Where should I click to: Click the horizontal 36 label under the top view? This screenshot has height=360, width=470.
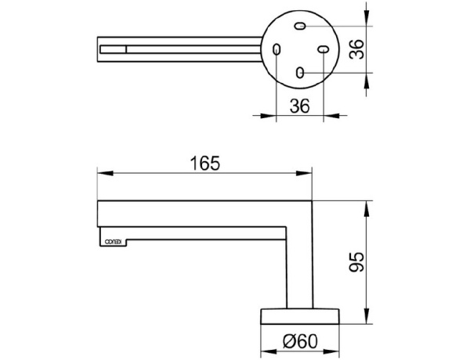coord(298,106)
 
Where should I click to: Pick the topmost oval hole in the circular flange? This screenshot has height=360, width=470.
coord(299,27)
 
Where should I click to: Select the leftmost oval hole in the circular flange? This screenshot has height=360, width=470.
coord(276,49)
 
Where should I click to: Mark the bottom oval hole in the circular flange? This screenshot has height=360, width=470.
coord(299,73)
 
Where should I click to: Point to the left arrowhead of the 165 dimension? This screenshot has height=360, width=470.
coord(101,173)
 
